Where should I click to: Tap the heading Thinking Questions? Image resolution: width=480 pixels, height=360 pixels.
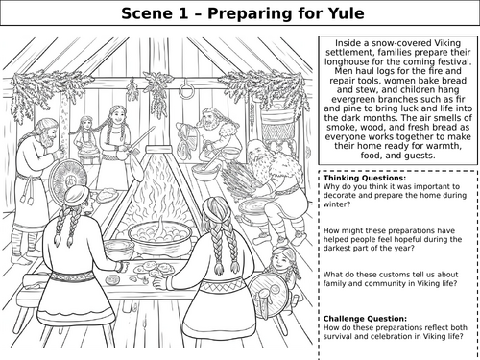pyautogui.click(x=365, y=178)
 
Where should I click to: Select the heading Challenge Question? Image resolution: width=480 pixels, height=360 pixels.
pyautogui.click(x=365, y=319)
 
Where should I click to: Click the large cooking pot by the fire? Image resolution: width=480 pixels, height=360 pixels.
pyautogui.click(x=160, y=235)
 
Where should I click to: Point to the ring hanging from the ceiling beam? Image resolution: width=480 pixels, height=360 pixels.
pyautogui.click(x=185, y=88)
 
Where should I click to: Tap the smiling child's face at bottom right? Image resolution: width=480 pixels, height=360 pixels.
pyautogui.click(x=279, y=260)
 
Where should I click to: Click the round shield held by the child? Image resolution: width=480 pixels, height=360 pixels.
pyautogui.click(x=269, y=294)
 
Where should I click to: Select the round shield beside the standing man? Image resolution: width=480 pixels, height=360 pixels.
pyautogui.click(x=68, y=180)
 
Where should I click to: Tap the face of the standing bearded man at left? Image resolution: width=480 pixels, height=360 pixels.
pyautogui.click(x=47, y=135)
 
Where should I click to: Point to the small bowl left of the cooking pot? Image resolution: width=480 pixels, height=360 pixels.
pyautogui.click(x=119, y=249)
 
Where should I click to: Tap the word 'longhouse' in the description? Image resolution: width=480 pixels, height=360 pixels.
pyautogui.click(x=348, y=61)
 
